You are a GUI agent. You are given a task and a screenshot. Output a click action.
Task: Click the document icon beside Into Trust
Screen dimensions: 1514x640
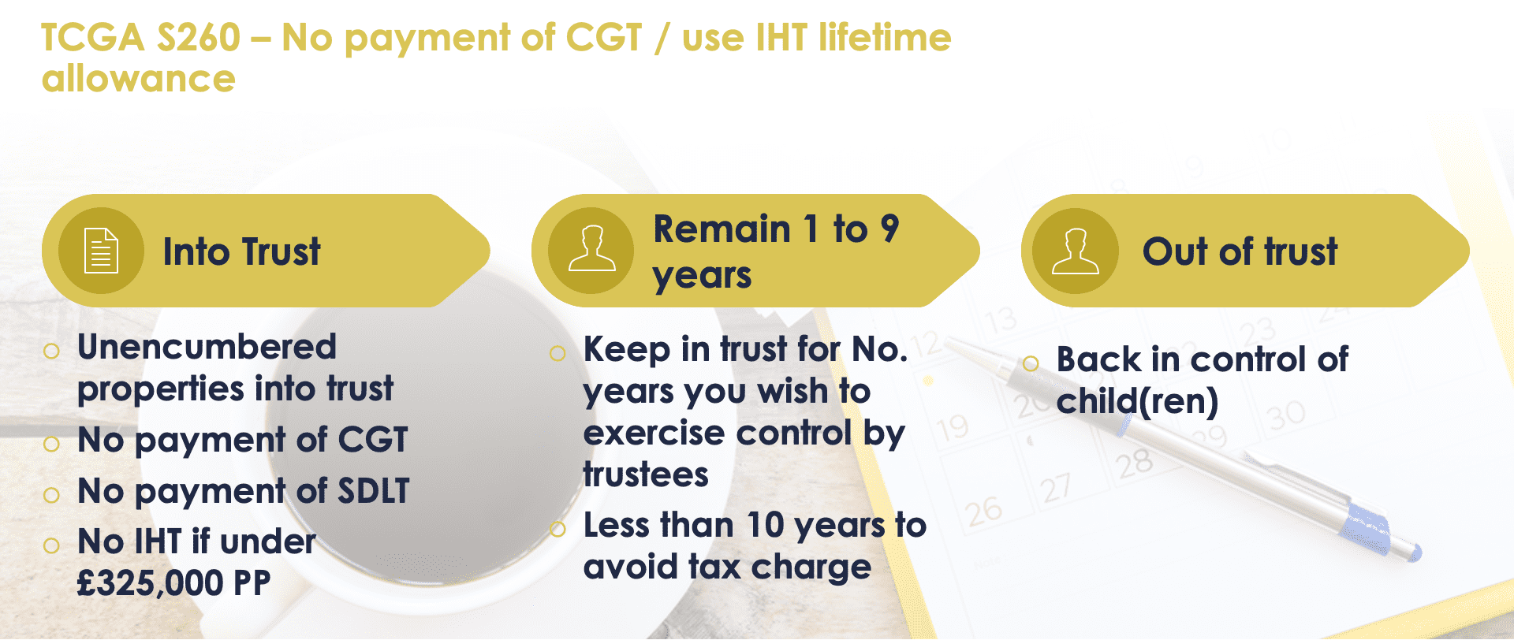[x=101, y=251]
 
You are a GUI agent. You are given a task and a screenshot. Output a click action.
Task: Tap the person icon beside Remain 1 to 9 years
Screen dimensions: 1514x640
[x=591, y=249]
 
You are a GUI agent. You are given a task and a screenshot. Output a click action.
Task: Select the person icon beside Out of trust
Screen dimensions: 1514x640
[x=1075, y=251]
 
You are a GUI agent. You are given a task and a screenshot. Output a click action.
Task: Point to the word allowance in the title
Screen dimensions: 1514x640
[x=139, y=79]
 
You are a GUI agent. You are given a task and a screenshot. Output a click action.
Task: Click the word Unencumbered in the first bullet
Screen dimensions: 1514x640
[x=207, y=347]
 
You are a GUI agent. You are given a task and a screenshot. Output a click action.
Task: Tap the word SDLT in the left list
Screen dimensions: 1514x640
[x=374, y=491]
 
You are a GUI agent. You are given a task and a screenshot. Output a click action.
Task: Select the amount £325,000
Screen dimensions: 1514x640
[x=151, y=584]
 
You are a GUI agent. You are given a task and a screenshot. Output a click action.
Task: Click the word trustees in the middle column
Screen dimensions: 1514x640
[x=646, y=474]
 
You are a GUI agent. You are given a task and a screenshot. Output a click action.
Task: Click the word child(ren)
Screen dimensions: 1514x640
[x=1137, y=402]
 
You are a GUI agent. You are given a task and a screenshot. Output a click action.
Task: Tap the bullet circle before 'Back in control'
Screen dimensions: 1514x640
[x=1031, y=363]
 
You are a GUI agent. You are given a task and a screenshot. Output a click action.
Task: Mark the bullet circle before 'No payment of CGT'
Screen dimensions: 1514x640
[x=52, y=444]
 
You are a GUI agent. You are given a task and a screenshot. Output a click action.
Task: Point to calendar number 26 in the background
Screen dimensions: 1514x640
[x=983, y=512]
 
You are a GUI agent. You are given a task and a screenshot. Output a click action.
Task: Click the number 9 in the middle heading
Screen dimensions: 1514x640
[x=889, y=229]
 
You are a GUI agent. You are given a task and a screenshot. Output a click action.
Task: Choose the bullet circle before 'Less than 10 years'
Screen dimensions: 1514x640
[x=557, y=529]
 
